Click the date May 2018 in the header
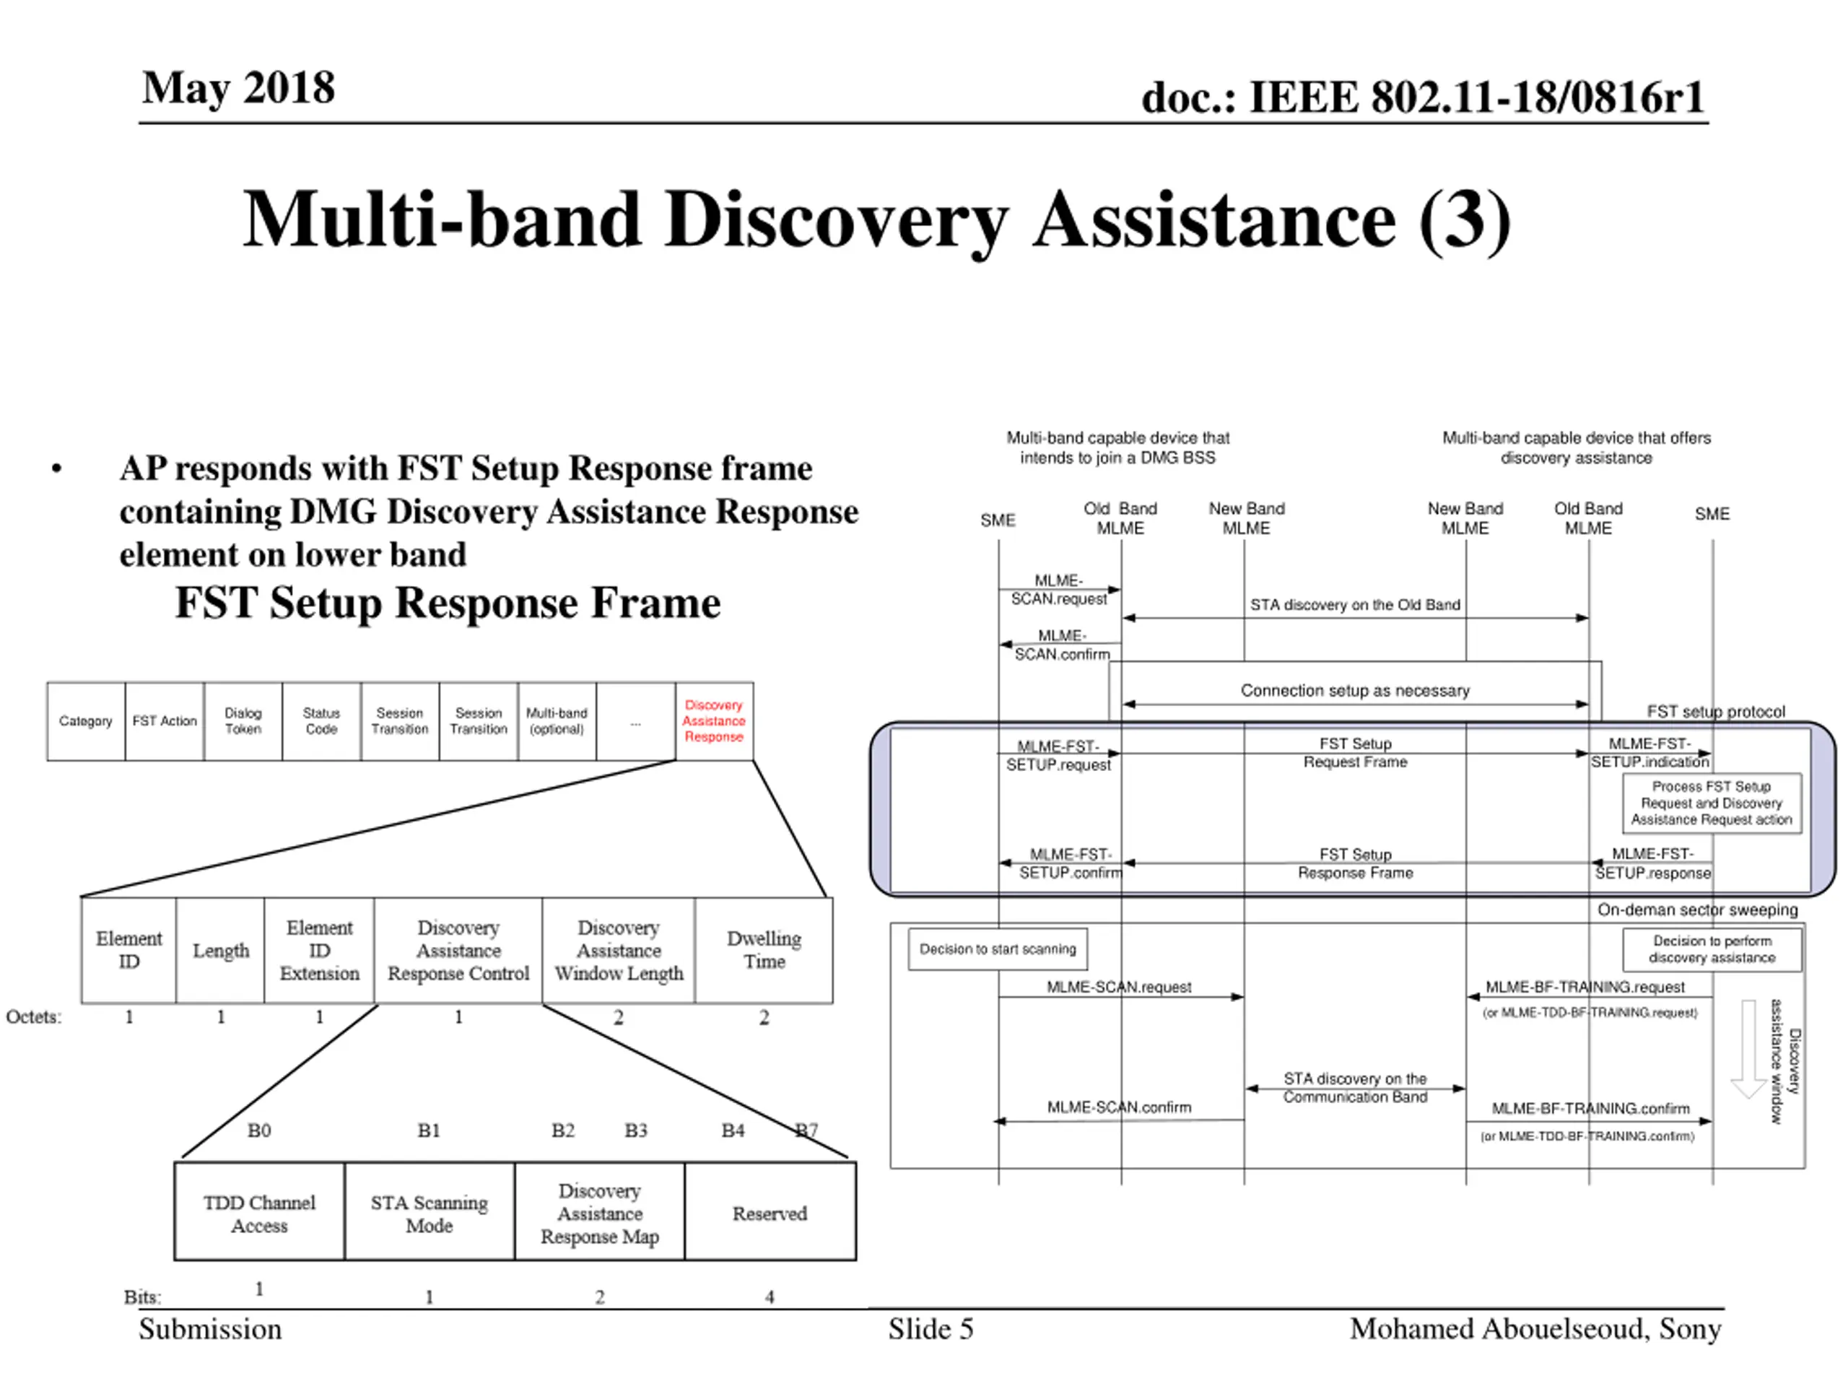pyautogui.click(x=238, y=88)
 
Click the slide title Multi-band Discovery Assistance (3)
pyautogui.click(x=876, y=219)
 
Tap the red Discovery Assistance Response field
pyautogui.click(x=715, y=721)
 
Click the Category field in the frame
pyautogui.click(x=86, y=721)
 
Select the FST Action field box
pyautogui.click(x=165, y=721)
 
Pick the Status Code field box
pyautogui.click(x=322, y=721)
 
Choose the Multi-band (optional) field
pyautogui.click(x=557, y=721)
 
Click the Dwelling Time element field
pyautogui.click(x=764, y=950)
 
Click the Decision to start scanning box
pyautogui.click(x=998, y=949)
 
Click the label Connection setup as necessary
pyautogui.click(x=1354, y=690)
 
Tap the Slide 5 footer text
pyautogui.click(x=930, y=1329)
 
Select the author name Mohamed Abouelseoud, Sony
pyautogui.click(x=1535, y=1329)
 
